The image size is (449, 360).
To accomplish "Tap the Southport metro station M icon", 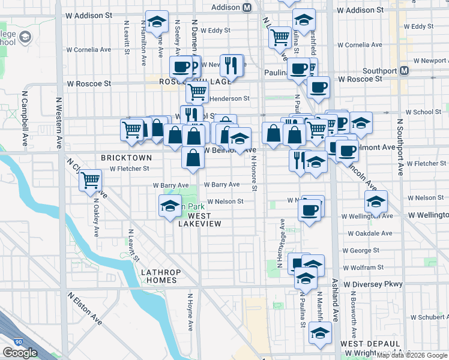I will point(404,70).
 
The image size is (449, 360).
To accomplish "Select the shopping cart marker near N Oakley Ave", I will point(90,179).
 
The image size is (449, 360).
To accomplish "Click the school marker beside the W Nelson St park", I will point(170,206).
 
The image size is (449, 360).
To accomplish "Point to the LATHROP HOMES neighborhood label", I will point(159,276).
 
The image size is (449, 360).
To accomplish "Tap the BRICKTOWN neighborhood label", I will point(126,157).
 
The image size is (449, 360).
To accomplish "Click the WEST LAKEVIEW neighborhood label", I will point(200,220).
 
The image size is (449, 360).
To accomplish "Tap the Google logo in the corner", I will point(20,353).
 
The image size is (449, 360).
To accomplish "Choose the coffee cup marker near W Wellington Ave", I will point(310,210).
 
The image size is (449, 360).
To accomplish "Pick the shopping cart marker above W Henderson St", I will point(197,92).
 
